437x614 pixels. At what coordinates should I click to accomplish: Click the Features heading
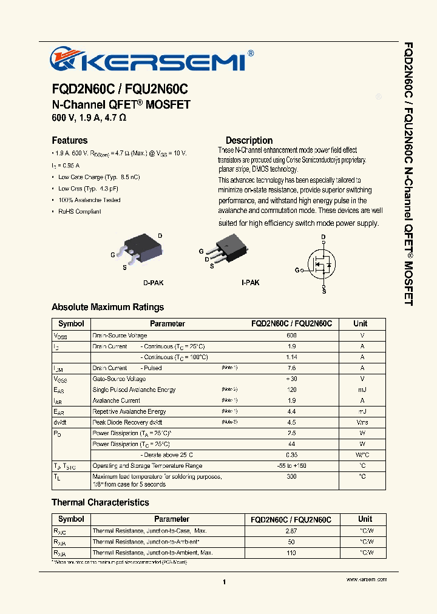pyautogui.click(x=69, y=140)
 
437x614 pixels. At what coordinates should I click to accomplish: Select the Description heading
pyautogui.click(x=249, y=140)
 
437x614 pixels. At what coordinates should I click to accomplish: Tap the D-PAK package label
pyautogui.click(x=153, y=283)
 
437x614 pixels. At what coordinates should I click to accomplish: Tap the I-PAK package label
pyautogui.click(x=250, y=283)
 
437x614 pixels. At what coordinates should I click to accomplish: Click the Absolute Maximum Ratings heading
pyautogui.click(x=107, y=307)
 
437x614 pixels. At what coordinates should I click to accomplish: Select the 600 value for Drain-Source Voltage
pyautogui.click(x=291, y=336)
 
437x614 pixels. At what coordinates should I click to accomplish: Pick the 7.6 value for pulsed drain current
pyautogui.click(x=291, y=368)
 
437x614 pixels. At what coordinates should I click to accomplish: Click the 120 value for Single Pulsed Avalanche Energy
pyautogui.click(x=291, y=390)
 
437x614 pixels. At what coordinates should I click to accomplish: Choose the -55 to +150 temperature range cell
pyautogui.click(x=291, y=466)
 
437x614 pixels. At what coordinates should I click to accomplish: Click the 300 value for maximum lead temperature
pyautogui.click(x=291, y=477)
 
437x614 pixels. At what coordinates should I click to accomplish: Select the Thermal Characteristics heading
pyautogui.click(x=100, y=502)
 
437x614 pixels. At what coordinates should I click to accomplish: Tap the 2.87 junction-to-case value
pyautogui.click(x=291, y=531)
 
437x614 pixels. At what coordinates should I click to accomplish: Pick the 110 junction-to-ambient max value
pyautogui.click(x=291, y=553)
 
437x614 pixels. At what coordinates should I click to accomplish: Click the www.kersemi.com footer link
pyautogui.click(x=366, y=580)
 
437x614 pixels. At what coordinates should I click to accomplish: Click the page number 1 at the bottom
pyautogui.click(x=224, y=582)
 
